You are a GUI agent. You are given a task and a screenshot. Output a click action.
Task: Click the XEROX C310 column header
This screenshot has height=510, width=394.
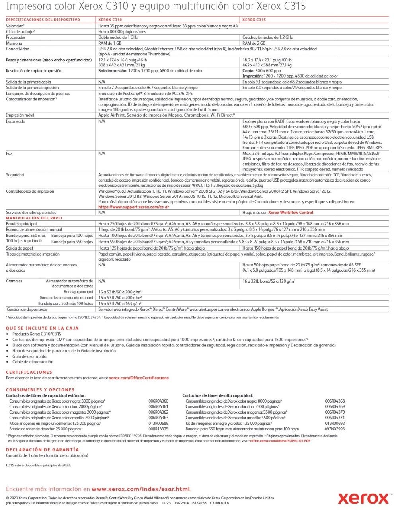point(110,20)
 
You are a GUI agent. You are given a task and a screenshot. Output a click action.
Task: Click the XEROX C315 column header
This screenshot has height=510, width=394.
point(254,20)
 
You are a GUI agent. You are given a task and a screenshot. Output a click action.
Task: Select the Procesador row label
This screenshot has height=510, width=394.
point(16,37)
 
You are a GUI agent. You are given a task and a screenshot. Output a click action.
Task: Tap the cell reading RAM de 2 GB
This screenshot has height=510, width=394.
point(254,43)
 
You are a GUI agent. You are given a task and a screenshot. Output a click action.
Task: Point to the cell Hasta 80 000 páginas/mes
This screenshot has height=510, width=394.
point(122,31)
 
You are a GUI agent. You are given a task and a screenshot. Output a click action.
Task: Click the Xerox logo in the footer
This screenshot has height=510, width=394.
point(363,498)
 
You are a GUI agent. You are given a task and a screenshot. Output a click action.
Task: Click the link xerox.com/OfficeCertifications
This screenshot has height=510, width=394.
point(139,378)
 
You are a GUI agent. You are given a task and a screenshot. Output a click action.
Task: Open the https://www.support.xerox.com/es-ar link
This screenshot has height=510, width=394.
point(134,207)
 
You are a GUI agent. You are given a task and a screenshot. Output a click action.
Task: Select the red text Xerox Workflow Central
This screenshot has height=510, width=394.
point(291,213)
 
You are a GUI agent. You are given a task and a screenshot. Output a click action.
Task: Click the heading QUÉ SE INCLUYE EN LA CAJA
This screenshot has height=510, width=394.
point(42,328)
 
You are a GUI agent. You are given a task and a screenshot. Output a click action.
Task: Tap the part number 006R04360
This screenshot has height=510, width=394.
point(158,401)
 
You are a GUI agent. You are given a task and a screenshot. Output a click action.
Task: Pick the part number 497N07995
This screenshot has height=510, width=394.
point(335,429)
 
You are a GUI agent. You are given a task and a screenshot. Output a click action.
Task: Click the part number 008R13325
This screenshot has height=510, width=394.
point(158,429)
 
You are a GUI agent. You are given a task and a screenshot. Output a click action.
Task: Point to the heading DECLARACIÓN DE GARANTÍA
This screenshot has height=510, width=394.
point(43,449)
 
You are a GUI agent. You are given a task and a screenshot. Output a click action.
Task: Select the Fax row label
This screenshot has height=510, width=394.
point(9,153)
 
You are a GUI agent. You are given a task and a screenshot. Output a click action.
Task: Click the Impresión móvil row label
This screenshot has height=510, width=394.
point(20,115)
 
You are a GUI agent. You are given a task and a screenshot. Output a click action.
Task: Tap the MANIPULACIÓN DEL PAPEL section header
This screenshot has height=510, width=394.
point(34,218)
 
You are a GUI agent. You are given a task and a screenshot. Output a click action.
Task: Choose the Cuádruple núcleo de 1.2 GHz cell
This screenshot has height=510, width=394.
point(267,37)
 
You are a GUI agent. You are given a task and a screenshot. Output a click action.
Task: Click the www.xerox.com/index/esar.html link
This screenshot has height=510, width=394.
point(141,489)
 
